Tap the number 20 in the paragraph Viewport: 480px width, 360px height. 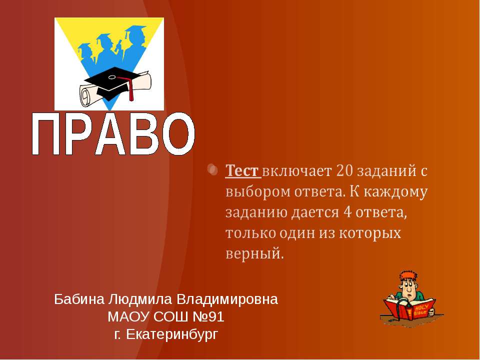[x=347, y=171]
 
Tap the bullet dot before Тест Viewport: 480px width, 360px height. [x=212, y=170]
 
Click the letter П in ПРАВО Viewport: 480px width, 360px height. [x=48, y=135]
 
